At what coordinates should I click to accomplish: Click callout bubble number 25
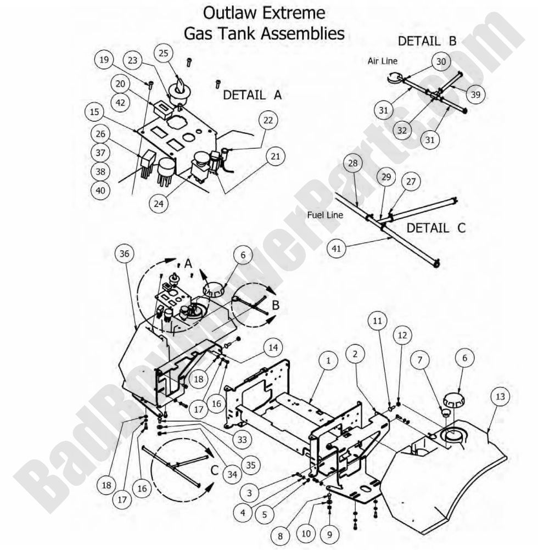click(x=164, y=53)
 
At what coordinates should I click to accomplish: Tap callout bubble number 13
click(x=500, y=397)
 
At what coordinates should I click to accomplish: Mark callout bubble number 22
click(x=269, y=120)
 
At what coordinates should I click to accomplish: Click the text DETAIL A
click(x=252, y=94)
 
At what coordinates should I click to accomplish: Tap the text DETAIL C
click(x=436, y=227)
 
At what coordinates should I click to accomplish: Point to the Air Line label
click(x=382, y=61)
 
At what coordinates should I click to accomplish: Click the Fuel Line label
click(x=325, y=215)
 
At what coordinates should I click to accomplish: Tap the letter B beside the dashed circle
click(x=275, y=304)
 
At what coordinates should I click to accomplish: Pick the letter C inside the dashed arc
click(x=215, y=471)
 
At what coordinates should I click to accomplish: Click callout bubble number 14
click(x=272, y=348)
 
